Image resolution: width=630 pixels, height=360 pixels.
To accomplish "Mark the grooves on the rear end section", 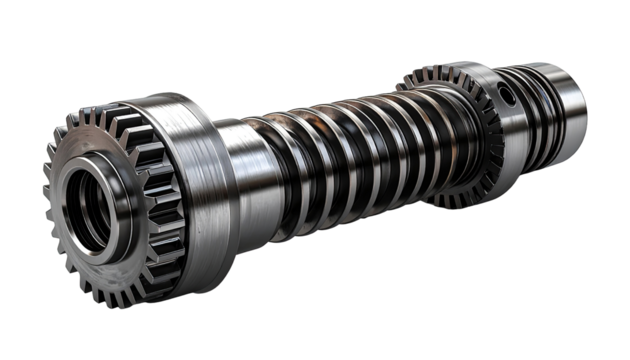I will pyautogui.click(x=540, y=110).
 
